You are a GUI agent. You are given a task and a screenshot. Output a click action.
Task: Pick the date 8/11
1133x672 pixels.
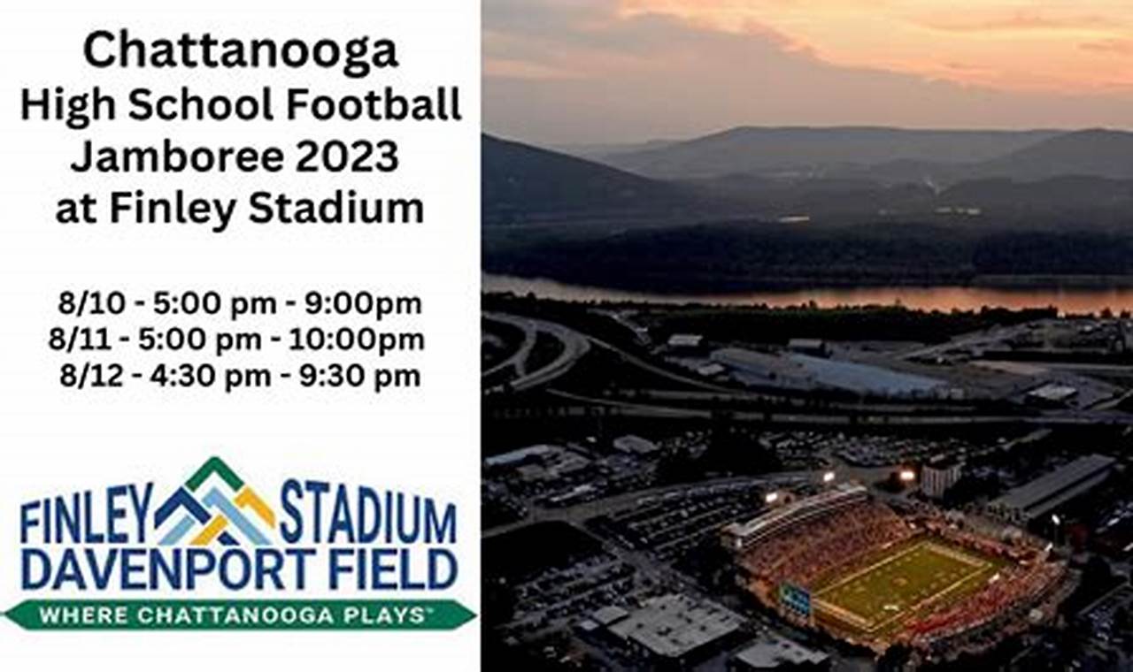click(86, 340)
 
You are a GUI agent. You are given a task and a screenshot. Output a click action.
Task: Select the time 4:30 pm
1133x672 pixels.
click(212, 377)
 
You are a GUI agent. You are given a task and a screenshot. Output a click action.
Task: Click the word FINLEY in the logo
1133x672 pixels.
click(87, 523)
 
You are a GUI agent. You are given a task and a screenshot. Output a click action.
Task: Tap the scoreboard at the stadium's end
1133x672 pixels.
click(795, 599)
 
